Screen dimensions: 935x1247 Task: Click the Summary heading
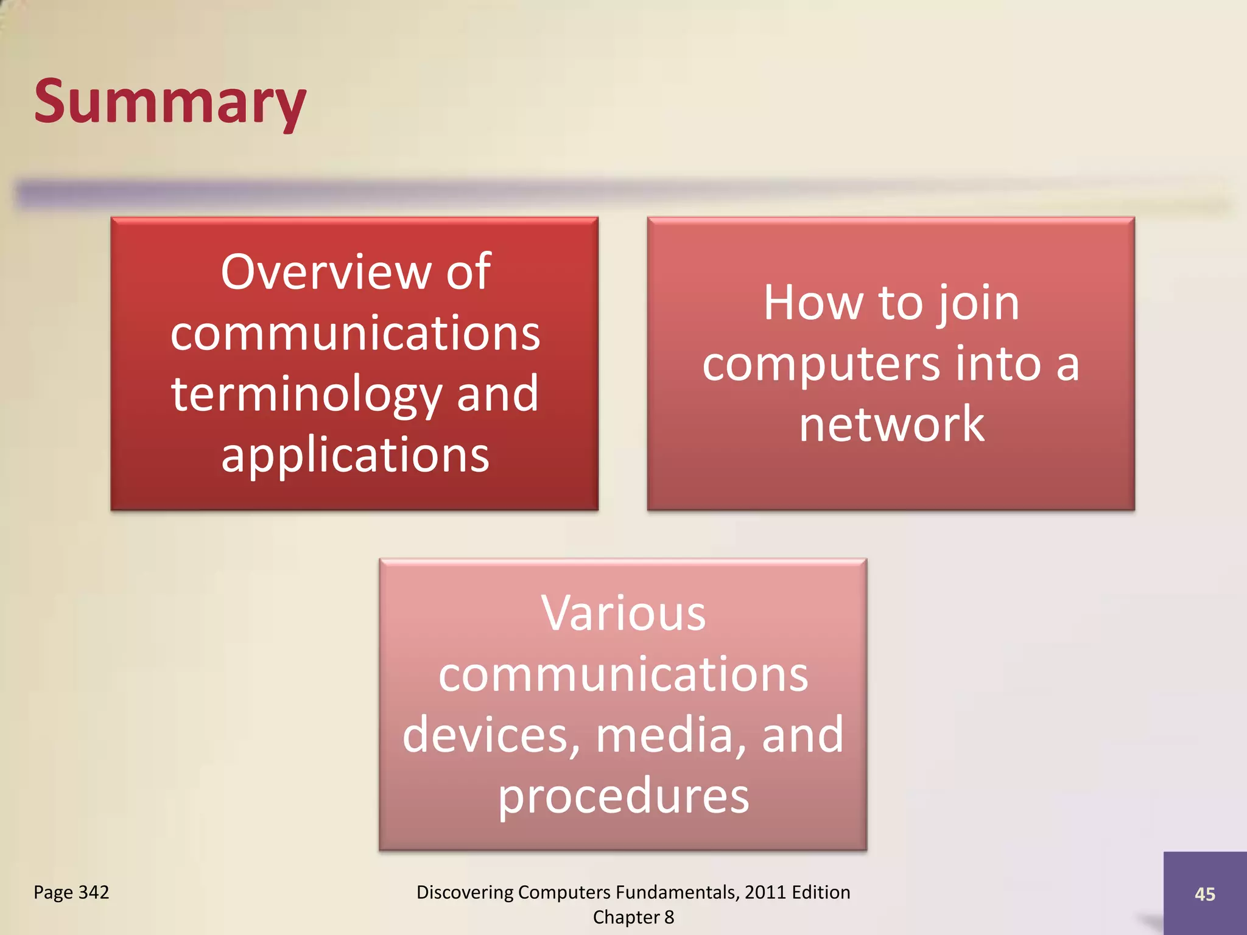(x=170, y=102)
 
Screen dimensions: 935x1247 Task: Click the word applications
(x=355, y=456)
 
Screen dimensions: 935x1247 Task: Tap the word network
(x=891, y=424)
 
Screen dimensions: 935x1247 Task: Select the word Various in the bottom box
(x=623, y=614)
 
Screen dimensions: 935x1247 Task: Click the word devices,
(x=491, y=735)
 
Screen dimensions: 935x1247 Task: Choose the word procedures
(x=623, y=796)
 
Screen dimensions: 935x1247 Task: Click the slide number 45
(x=1204, y=894)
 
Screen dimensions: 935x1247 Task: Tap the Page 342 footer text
(x=71, y=892)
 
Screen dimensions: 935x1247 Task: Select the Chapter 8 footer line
(x=633, y=917)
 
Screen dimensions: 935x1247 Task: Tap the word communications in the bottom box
(x=623, y=674)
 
